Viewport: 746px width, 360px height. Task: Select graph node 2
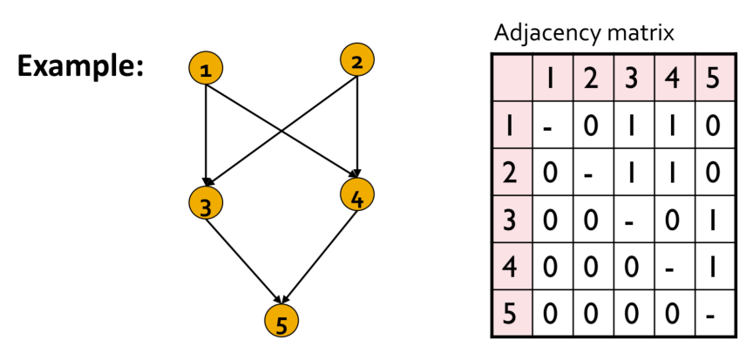pos(356,61)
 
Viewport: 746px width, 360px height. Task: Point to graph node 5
pos(281,323)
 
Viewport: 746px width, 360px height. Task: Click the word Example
pos(80,65)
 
